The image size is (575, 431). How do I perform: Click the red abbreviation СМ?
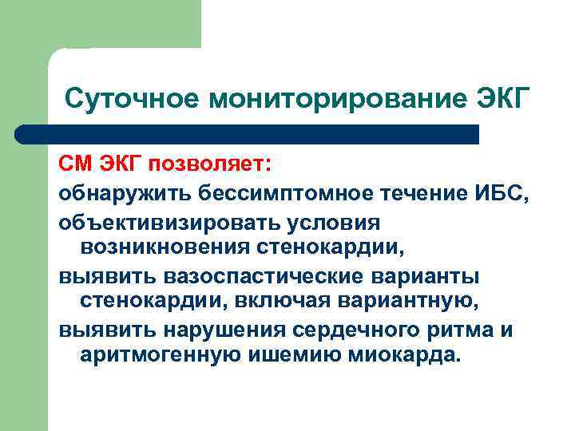pyautogui.click(x=75, y=164)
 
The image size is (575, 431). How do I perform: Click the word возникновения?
pyautogui.click(x=163, y=247)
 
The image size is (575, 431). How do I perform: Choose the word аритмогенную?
pyautogui.click(x=157, y=355)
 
